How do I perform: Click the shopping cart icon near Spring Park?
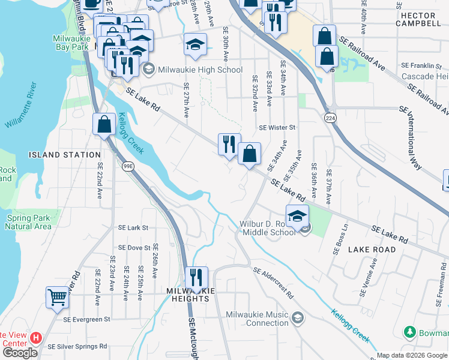click(x=58, y=296)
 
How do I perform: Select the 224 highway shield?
click(x=330, y=119)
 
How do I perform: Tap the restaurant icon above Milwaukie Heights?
click(x=196, y=278)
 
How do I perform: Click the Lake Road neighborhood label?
click(x=372, y=249)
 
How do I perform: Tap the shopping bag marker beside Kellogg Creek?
click(x=104, y=125)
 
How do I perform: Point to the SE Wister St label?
click(x=277, y=128)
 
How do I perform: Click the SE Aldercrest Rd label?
click(x=273, y=283)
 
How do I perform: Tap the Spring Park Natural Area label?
click(x=26, y=222)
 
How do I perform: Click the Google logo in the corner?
click(x=20, y=353)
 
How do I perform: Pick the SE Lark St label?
click(x=133, y=228)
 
